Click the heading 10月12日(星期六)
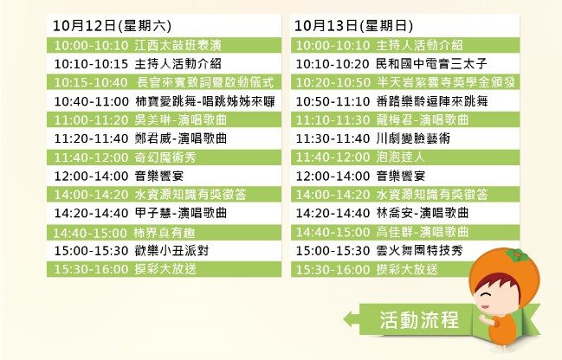pyautogui.click(x=113, y=26)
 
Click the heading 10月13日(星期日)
pyautogui.click(x=354, y=26)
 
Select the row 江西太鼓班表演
pyautogui.click(x=164, y=45)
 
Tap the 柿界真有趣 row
pyautogui.click(x=164, y=233)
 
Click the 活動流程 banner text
pyautogui.click(x=419, y=319)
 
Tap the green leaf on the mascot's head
pyautogui.click(x=516, y=255)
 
